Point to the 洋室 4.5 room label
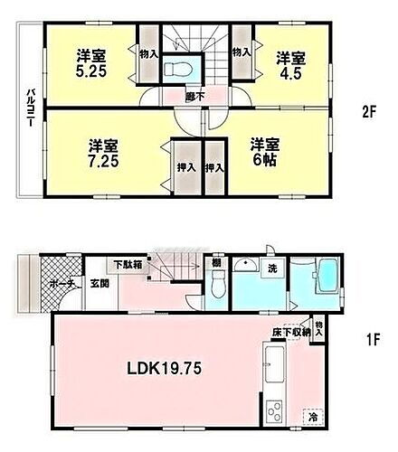tap(291, 62)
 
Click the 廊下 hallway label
tap(193, 93)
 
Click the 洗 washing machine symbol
tap(270, 269)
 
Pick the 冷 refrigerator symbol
tap(313, 418)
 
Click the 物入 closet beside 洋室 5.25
tap(148, 53)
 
